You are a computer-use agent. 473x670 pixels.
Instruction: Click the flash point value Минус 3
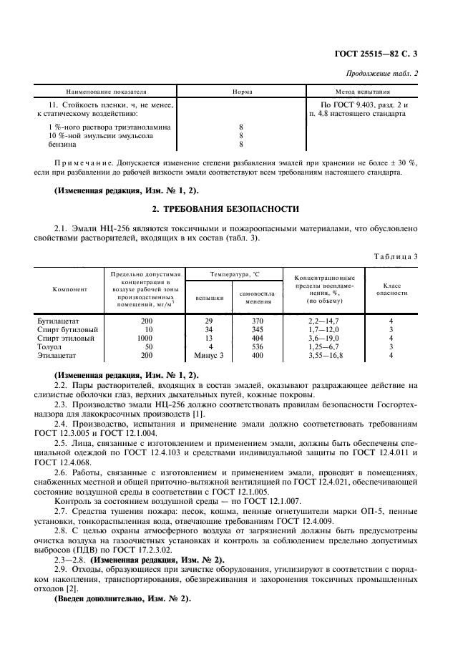[x=209, y=354]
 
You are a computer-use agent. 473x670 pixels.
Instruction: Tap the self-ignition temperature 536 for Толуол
[x=258, y=346]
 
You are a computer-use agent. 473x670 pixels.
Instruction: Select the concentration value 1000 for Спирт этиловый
[x=145, y=338]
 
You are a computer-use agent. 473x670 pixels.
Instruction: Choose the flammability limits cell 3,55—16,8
[x=325, y=354]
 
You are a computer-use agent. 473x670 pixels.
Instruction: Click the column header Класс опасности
[x=391, y=289]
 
